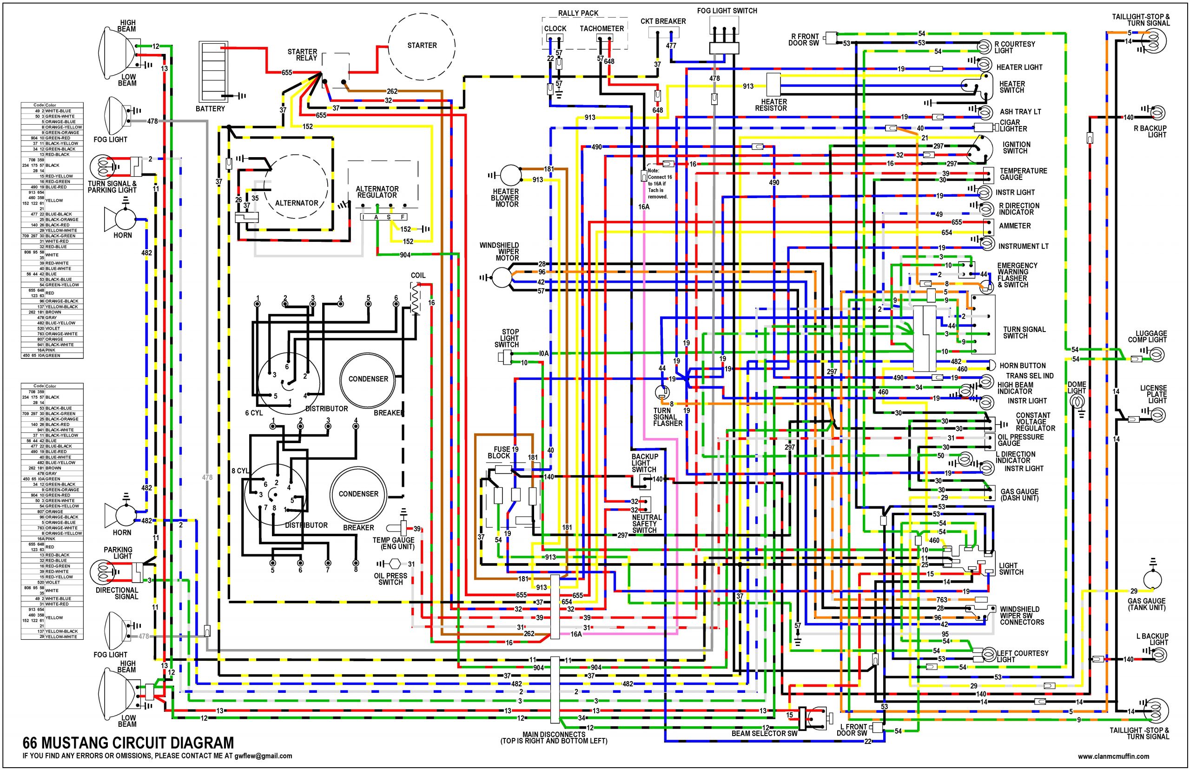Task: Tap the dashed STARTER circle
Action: (422, 46)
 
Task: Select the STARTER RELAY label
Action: (302, 55)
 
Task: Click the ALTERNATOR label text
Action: (297, 203)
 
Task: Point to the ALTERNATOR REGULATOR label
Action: (377, 192)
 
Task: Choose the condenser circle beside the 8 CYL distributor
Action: (358, 493)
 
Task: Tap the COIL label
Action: (418, 276)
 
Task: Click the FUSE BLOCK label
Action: (500, 452)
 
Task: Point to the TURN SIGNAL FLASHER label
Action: (667, 417)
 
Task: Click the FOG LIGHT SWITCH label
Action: (727, 11)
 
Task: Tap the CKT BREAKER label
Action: (663, 21)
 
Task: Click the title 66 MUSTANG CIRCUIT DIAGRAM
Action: (128, 743)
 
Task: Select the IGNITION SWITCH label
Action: (1016, 147)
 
